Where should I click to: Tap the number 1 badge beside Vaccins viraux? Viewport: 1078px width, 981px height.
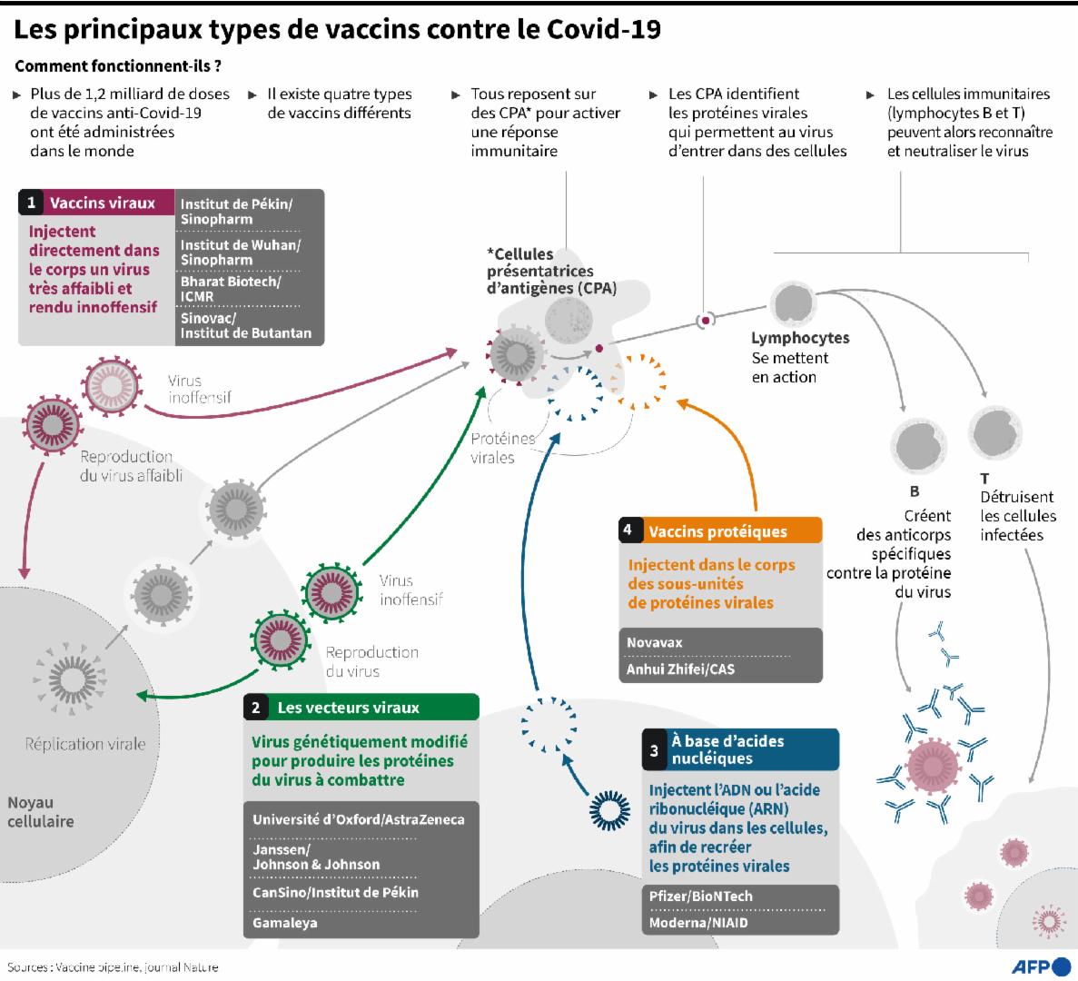(32, 203)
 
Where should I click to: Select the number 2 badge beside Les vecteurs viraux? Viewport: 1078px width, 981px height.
(257, 708)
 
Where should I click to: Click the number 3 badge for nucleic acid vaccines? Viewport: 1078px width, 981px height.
(654, 750)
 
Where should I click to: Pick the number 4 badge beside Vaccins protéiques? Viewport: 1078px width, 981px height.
(628, 531)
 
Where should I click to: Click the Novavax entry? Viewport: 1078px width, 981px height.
(654, 642)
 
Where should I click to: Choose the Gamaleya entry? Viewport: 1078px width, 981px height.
(284, 923)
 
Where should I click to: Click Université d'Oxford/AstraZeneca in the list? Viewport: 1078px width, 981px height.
(358, 819)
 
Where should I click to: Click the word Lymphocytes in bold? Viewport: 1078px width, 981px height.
(800, 338)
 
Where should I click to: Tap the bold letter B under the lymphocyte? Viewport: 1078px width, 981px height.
(915, 491)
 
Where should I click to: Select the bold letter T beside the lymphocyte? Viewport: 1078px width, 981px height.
(984, 478)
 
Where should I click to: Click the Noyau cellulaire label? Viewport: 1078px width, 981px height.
(41, 812)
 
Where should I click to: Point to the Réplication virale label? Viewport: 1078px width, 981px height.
(85, 744)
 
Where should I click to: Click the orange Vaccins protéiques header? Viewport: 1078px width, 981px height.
(717, 531)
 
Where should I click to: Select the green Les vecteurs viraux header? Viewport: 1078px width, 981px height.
(348, 708)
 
